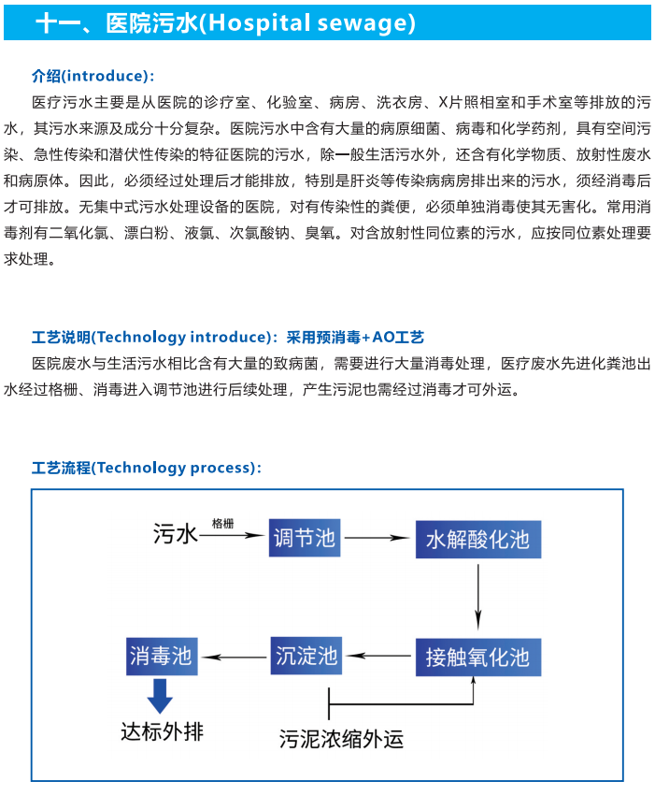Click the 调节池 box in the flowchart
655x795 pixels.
[x=304, y=538]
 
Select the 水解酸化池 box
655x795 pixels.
[x=478, y=540]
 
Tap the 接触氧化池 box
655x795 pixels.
[x=478, y=658]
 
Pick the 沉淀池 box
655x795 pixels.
[x=306, y=656]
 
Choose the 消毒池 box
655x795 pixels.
[x=162, y=656]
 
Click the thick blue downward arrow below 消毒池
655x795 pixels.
[x=160, y=696]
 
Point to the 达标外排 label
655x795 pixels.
[x=162, y=732]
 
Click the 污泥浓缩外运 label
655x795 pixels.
[x=341, y=739]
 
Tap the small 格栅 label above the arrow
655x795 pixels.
[x=223, y=523]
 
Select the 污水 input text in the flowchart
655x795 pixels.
[x=176, y=534]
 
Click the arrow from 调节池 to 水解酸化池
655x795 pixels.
[x=377, y=538]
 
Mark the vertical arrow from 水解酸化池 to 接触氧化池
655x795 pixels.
[x=477, y=597]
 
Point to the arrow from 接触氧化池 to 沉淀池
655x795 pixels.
[x=379, y=656]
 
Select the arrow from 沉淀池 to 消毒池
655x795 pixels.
[x=234, y=658]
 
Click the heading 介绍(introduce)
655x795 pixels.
[x=93, y=76]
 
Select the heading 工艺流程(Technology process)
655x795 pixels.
[x=147, y=468]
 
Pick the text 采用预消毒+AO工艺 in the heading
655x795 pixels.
[x=355, y=337]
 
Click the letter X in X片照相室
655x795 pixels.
[x=443, y=103]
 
